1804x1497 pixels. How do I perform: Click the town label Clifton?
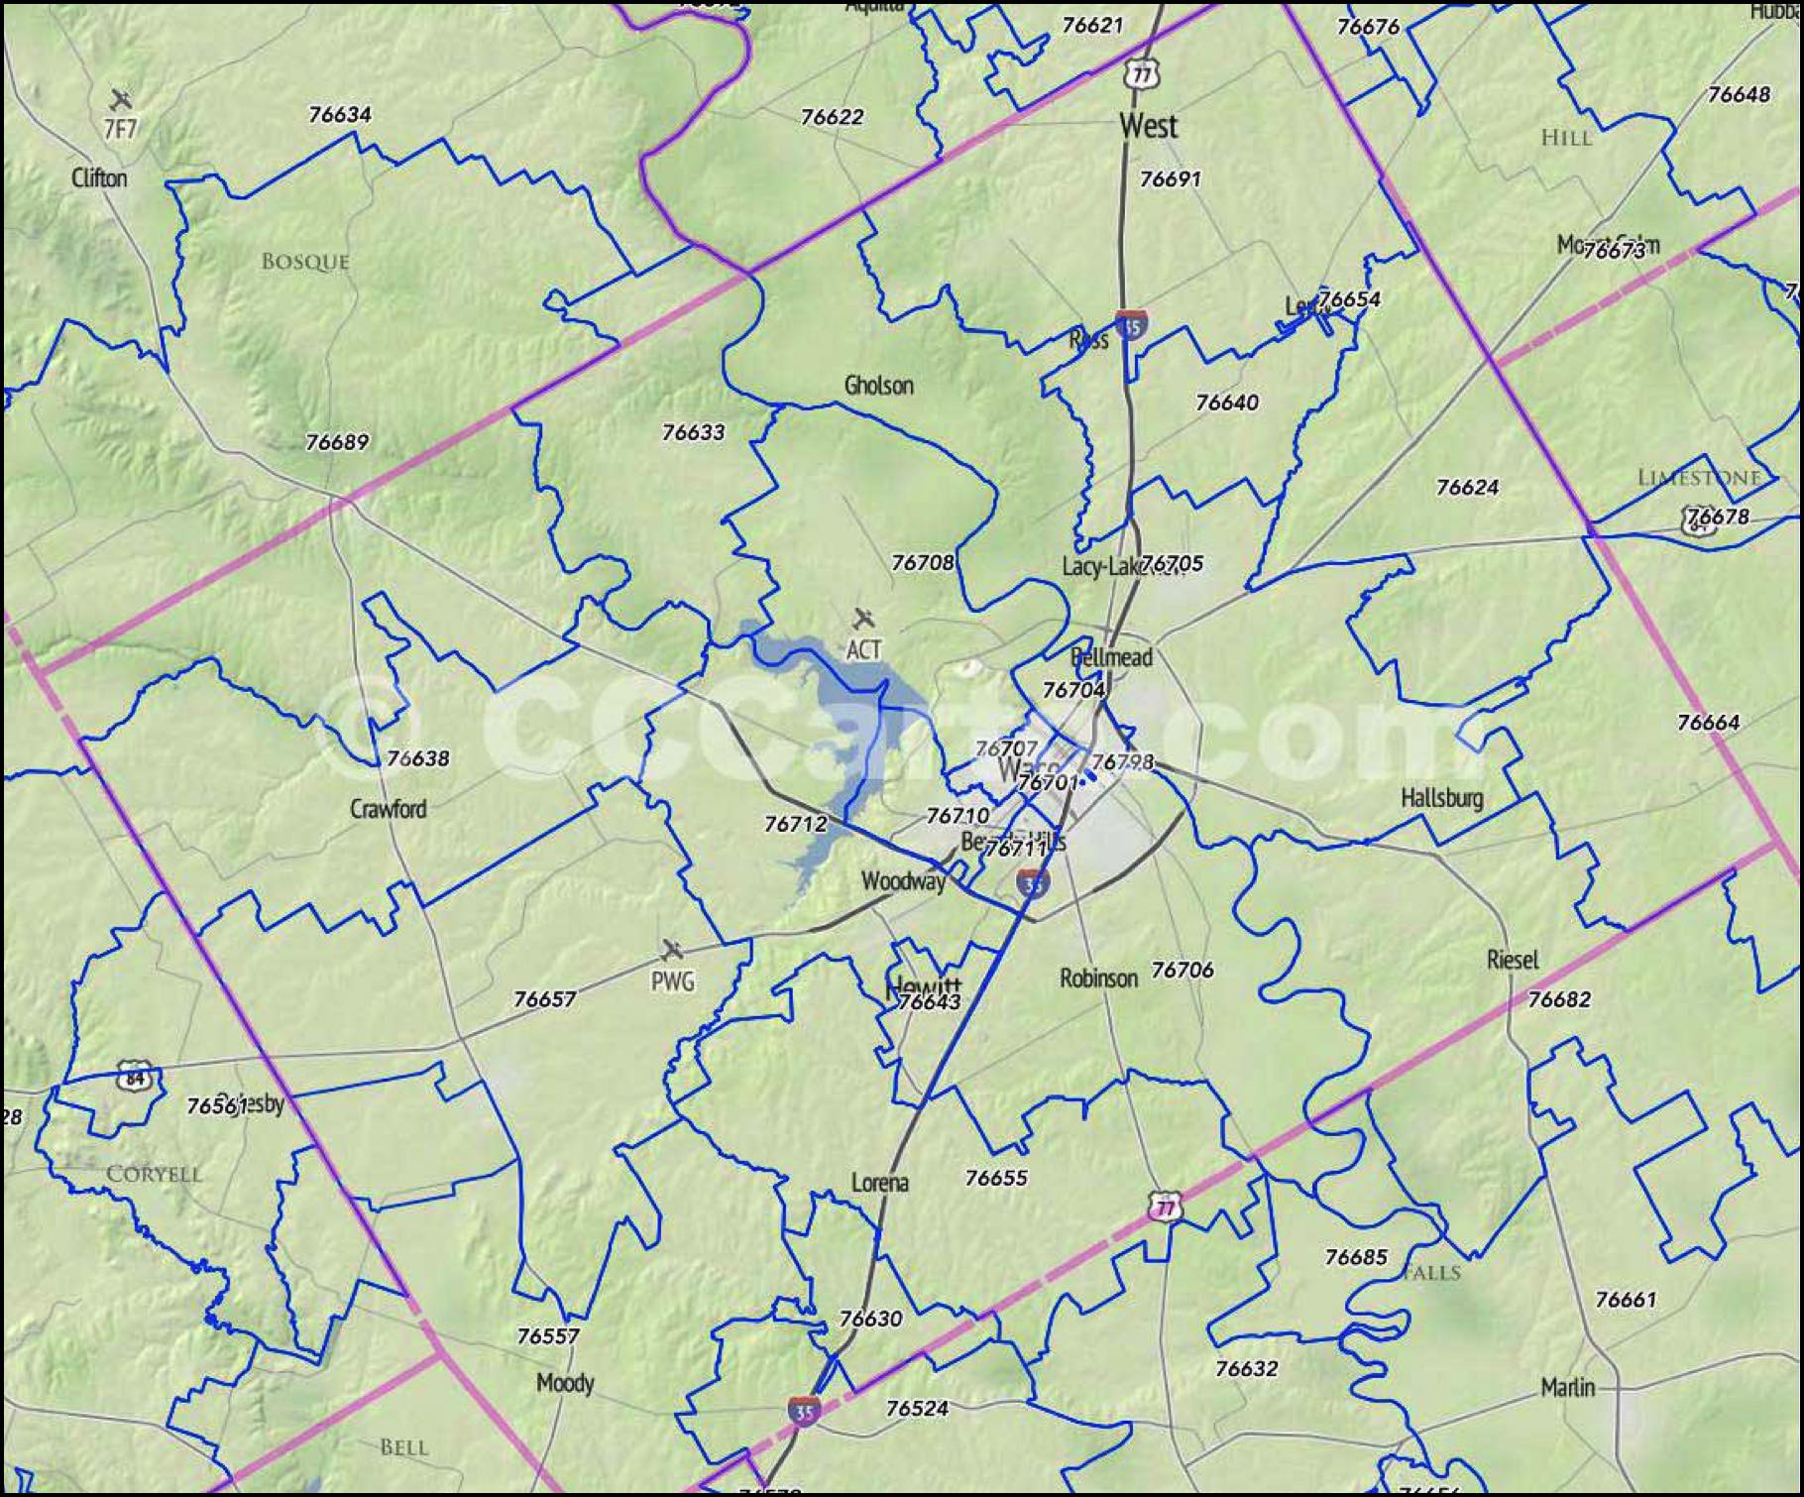pyautogui.click(x=99, y=178)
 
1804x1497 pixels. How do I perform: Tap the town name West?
pyautogui.click(x=1148, y=126)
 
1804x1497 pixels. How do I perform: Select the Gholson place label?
pyautogui.click(x=878, y=385)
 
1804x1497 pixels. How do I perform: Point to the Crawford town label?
pyautogui.click(x=388, y=809)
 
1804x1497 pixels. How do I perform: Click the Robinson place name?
pyautogui.click(x=1098, y=979)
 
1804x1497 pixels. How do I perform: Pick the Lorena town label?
pyautogui.click(x=879, y=1183)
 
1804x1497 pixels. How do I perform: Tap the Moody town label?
pyautogui.click(x=564, y=1383)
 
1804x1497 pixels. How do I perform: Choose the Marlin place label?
pyautogui.click(x=1567, y=1387)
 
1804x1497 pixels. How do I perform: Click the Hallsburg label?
pyautogui.click(x=1441, y=797)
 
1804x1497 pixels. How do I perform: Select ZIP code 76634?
pyautogui.click(x=340, y=115)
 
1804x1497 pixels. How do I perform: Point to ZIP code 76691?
pyautogui.click(x=1170, y=179)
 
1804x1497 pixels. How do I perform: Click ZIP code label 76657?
pyautogui.click(x=544, y=999)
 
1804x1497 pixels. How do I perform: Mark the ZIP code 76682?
pyautogui.click(x=1558, y=999)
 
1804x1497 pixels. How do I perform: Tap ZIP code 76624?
pyautogui.click(x=1467, y=487)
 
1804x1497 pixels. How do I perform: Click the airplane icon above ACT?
pyautogui.click(x=863, y=620)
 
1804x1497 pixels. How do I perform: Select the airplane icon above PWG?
pyautogui.click(x=672, y=951)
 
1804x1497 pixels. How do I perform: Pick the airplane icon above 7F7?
pyautogui.click(x=121, y=99)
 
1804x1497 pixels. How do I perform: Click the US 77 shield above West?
pyautogui.click(x=1142, y=74)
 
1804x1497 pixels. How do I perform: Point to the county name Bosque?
pyautogui.click(x=305, y=262)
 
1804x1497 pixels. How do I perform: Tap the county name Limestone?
pyautogui.click(x=1698, y=478)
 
